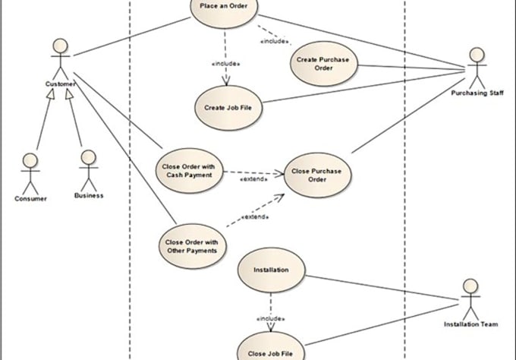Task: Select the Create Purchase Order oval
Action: coord(323,64)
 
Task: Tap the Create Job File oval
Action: coord(228,108)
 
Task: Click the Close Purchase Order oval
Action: coord(317,175)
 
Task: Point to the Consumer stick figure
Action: coord(30,173)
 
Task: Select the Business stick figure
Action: coord(89,169)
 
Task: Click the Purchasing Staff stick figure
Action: coord(476,68)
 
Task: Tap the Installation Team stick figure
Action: coord(470,298)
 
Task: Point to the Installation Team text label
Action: coord(470,324)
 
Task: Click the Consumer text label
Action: coord(30,198)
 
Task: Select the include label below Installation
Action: coord(271,318)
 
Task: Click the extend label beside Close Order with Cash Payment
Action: coord(252,180)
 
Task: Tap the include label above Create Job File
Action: coord(226,64)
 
